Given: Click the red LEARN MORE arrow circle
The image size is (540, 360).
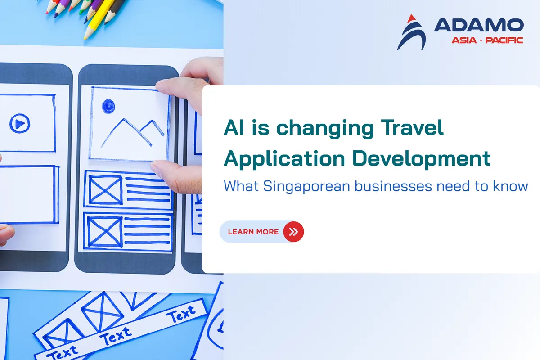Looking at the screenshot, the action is [293, 232].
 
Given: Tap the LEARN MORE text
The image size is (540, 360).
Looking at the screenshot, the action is [253, 232].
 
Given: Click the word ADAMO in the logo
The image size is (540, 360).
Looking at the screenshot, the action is [479, 25].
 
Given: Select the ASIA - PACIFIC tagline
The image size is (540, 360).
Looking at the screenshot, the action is [487, 40].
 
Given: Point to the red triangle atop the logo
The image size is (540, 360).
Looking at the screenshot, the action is [411, 19].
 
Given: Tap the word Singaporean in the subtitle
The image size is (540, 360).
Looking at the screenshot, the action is [306, 186].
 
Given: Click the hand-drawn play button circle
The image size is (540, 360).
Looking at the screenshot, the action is [20, 123].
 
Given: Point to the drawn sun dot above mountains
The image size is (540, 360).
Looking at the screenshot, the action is [108, 106].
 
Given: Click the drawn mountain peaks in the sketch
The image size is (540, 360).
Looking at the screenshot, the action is [133, 133].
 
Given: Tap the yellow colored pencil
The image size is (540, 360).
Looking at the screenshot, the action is [99, 19].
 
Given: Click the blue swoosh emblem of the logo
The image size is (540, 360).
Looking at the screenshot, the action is [412, 36].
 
